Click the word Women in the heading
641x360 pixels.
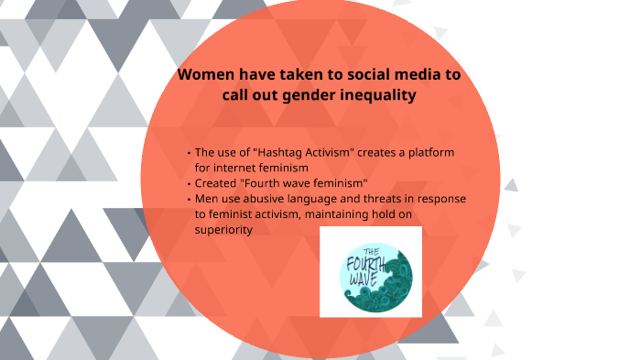(x=203, y=76)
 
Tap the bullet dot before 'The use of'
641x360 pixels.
(x=188, y=152)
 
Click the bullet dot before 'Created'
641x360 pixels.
(x=188, y=183)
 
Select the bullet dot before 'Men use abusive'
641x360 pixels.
(x=188, y=199)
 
